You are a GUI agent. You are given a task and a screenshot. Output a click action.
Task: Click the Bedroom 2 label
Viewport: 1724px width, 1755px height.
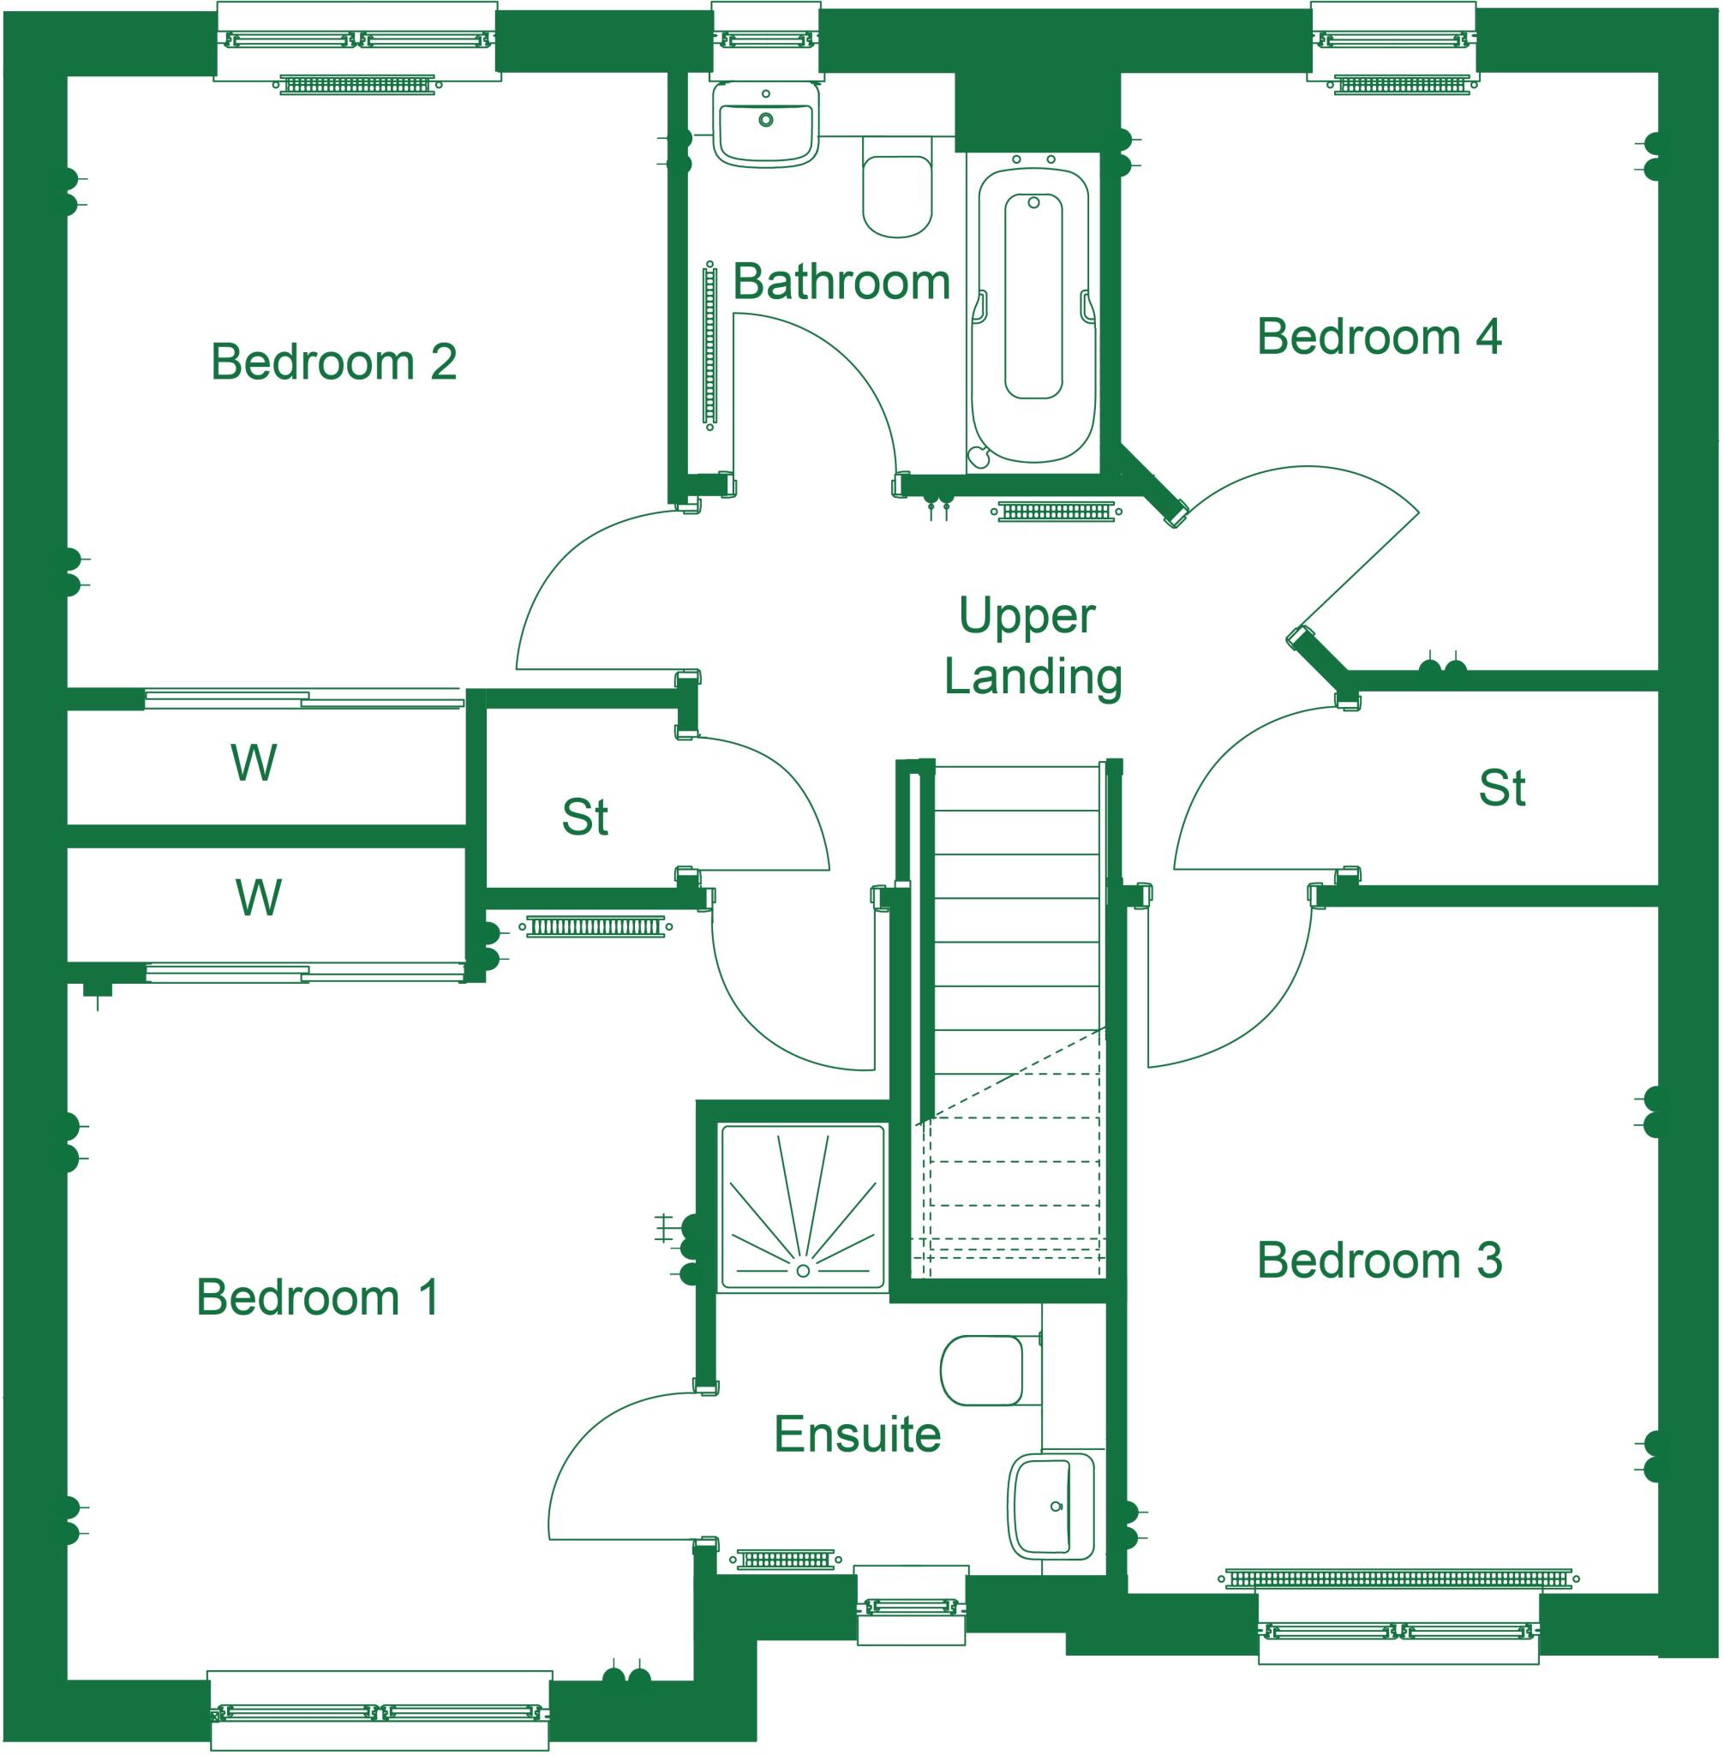click(333, 362)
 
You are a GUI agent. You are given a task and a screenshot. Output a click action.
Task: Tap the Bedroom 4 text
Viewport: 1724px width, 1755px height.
click(1379, 337)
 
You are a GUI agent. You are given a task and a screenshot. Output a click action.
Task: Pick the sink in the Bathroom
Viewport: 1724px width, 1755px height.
click(766, 124)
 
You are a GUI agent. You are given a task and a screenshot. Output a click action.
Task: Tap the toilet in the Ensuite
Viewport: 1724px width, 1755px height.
click(984, 1370)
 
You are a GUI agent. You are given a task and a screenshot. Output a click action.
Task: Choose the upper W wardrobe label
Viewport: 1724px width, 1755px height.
click(254, 764)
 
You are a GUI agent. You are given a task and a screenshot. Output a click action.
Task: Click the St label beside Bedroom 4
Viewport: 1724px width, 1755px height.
click(1502, 788)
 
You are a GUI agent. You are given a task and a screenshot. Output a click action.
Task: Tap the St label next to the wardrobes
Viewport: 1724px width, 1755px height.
click(585, 818)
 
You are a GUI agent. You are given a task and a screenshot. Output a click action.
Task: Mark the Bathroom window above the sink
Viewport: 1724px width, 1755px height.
click(765, 39)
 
